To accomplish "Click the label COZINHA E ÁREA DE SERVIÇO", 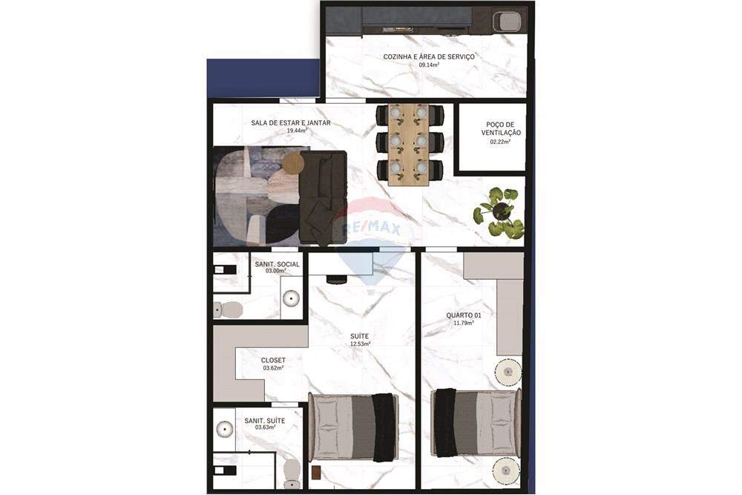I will (429, 56).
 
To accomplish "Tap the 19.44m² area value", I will (297, 131).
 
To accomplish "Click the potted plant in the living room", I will (499, 212).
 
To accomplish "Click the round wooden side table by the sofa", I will (293, 163).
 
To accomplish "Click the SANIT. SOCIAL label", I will (277, 264).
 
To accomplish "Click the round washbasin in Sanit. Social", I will (292, 298).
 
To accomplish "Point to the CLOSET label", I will (273, 361).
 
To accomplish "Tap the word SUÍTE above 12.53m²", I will (360, 336).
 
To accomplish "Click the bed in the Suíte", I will (353, 427).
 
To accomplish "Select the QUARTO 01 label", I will (464, 315).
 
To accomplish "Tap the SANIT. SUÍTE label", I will (265, 421).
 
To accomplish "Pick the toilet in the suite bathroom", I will (292, 473).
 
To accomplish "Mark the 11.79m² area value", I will (460, 324).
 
